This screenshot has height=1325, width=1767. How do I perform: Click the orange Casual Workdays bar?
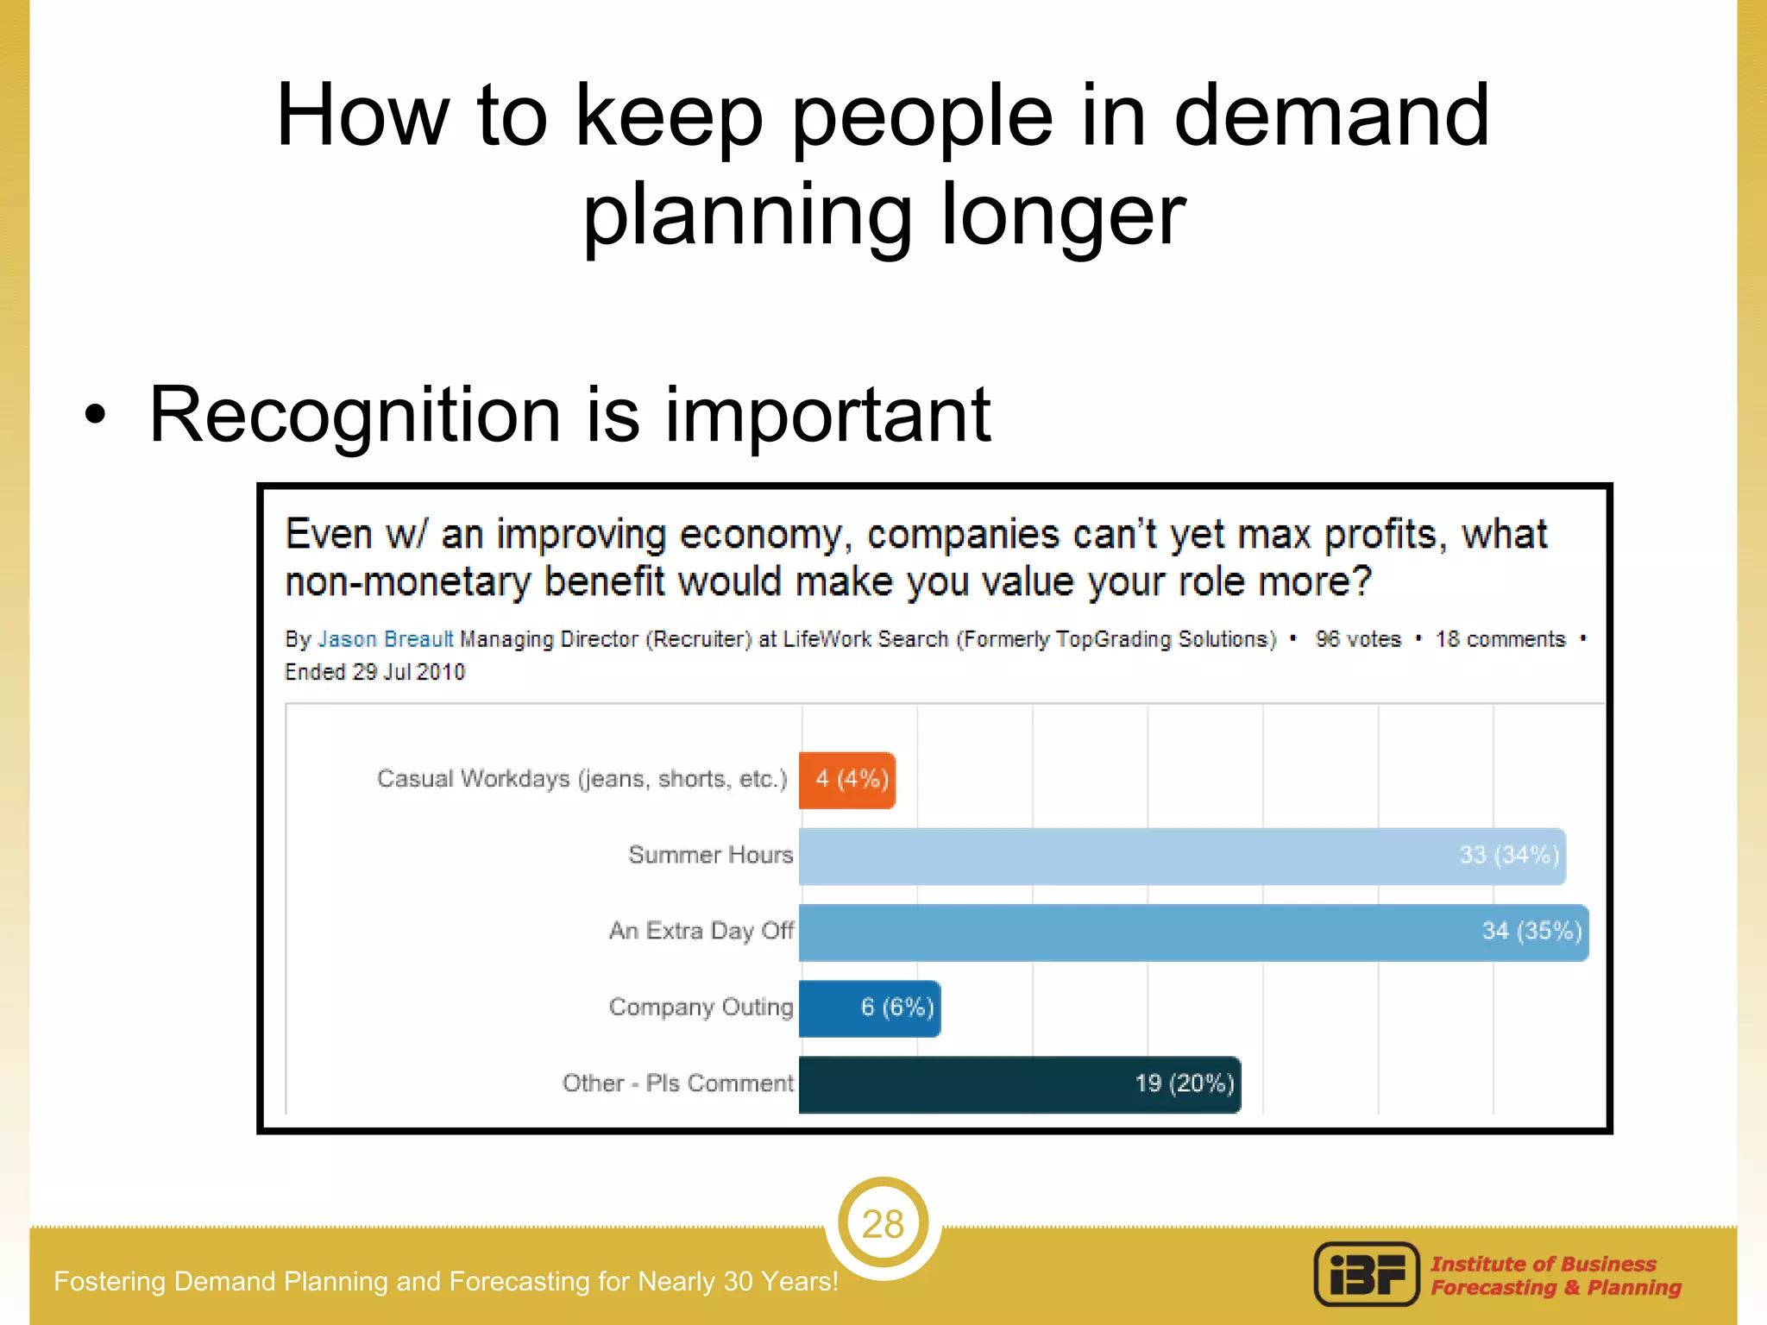(846, 780)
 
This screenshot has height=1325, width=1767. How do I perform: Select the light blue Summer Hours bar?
(1181, 856)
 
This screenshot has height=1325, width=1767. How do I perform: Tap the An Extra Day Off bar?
(1192, 932)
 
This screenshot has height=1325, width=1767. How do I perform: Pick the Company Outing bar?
(869, 1008)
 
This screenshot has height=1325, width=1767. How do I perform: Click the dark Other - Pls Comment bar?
(1019, 1083)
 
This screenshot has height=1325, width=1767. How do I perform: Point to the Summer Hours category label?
(710, 855)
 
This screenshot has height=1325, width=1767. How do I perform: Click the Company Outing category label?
(701, 1007)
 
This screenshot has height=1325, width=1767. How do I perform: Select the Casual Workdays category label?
(582, 779)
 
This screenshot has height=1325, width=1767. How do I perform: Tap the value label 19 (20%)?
(1184, 1083)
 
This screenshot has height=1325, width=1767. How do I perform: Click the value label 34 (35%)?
(1531, 931)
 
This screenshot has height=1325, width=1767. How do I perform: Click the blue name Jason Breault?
(385, 639)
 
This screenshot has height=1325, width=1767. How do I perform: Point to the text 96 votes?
(1357, 639)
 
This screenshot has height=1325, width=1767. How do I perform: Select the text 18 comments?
(1500, 639)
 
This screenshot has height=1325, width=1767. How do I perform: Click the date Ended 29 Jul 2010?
(374, 672)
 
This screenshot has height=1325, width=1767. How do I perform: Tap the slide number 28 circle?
(883, 1223)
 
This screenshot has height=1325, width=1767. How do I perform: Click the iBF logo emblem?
(1366, 1274)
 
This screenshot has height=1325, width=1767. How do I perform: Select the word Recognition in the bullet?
(355, 415)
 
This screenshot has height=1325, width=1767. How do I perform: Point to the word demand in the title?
(1330, 116)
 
